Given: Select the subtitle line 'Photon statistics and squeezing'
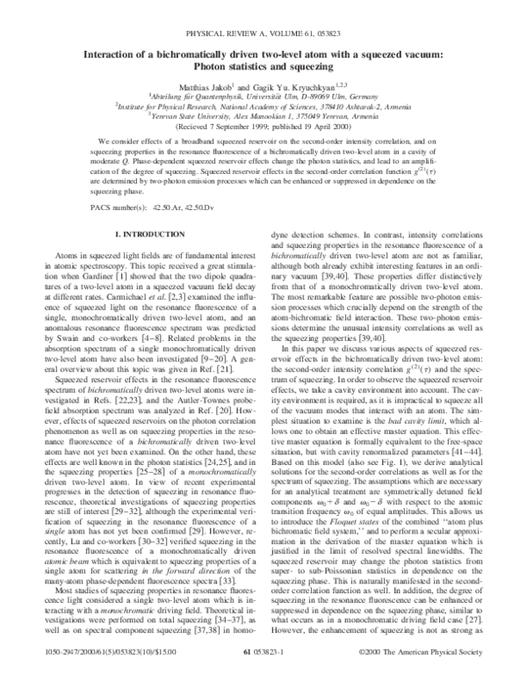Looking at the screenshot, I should point(263,44).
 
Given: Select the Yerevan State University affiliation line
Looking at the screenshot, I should point(263,114).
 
